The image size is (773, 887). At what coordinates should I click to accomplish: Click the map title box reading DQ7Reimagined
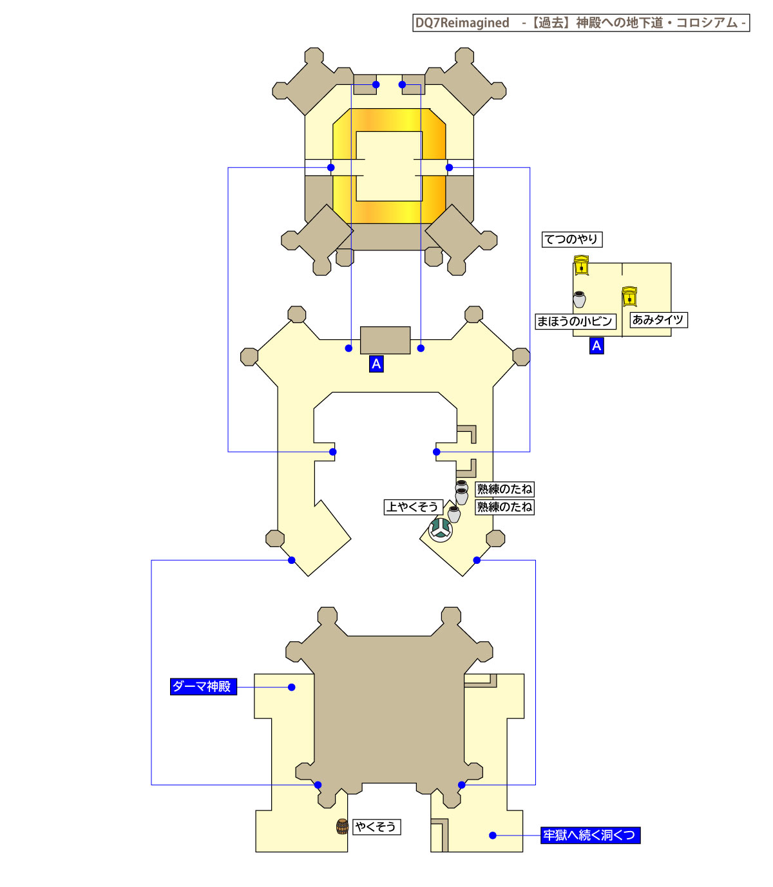coord(581,23)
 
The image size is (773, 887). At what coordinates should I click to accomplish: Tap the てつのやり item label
coord(572,239)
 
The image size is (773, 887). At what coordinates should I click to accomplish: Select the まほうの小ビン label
coord(575,321)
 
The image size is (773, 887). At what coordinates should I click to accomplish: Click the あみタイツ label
coord(658,320)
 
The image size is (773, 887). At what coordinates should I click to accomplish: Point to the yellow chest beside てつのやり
coord(581,265)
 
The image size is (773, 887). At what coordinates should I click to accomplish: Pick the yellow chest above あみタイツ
coord(629,297)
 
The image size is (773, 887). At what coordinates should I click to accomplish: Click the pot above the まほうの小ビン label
coord(579,299)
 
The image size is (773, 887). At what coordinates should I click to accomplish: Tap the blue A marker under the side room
coord(596,346)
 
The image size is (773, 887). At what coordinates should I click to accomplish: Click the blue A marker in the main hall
coord(376,364)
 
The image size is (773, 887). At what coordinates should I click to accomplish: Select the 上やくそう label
coord(414,507)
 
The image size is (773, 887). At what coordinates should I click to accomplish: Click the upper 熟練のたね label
coord(504,489)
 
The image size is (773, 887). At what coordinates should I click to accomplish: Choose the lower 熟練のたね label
coord(504,507)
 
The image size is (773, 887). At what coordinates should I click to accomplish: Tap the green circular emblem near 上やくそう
coord(441,530)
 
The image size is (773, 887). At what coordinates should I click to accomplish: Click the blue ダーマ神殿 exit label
coord(204,687)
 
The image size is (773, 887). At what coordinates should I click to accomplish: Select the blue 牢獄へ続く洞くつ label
coord(590,835)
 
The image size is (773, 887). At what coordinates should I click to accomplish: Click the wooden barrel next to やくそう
coord(342,826)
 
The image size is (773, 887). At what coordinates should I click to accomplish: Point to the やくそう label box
coord(377,826)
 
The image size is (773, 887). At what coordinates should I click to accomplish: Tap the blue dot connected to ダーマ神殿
coord(292,687)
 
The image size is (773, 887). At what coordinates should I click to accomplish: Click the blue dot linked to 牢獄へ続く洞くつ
coord(492,836)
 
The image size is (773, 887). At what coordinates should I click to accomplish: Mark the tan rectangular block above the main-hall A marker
coord(385,341)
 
